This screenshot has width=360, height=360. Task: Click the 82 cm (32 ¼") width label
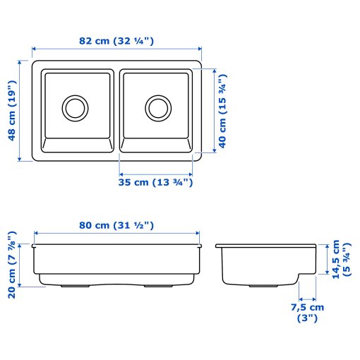[x=117, y=41]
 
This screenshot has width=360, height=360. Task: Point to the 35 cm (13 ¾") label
[x=156, y=183]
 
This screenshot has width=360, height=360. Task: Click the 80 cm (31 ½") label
[x=116, y=225]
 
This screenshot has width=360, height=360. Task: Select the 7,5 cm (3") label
[x=306, y=313]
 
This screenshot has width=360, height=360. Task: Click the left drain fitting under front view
[x=71, y=287]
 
